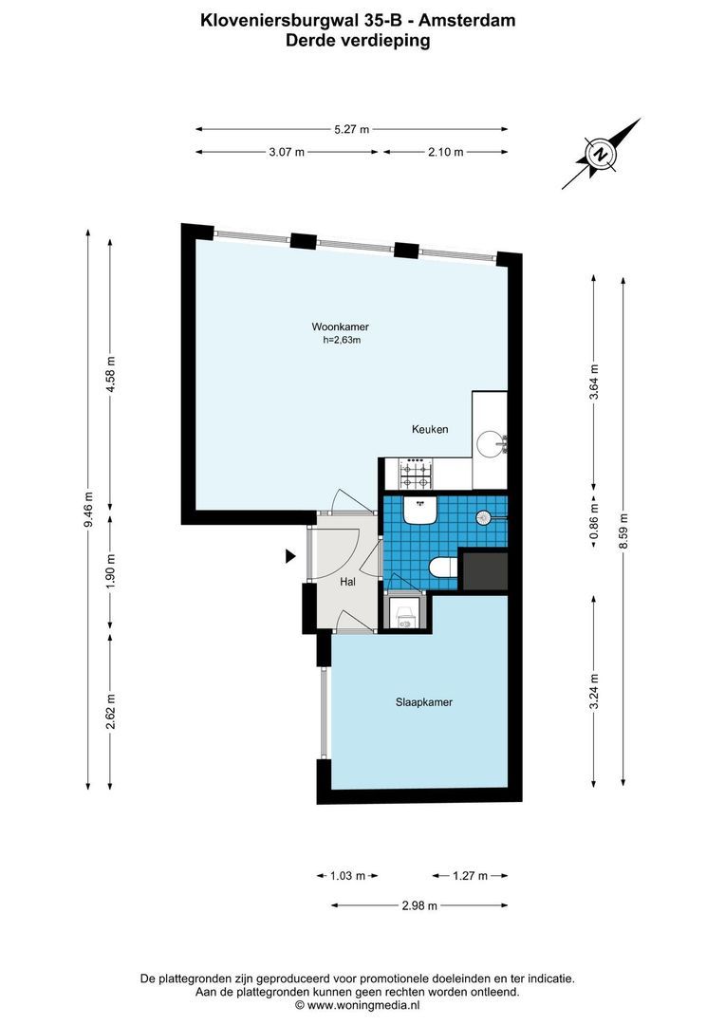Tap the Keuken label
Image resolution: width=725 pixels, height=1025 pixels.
429,429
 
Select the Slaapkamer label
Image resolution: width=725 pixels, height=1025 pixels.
423,703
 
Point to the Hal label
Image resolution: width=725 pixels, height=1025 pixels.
346,582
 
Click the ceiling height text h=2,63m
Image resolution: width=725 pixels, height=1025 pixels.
342,340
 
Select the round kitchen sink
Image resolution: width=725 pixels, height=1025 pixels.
490,442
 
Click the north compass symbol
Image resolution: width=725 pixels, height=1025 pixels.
601,154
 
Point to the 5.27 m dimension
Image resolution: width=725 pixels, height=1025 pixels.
352,129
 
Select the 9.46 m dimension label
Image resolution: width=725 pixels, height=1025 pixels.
88,508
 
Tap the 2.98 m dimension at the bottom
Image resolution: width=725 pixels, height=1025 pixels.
418,905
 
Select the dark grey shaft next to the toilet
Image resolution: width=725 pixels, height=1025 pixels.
484,569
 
